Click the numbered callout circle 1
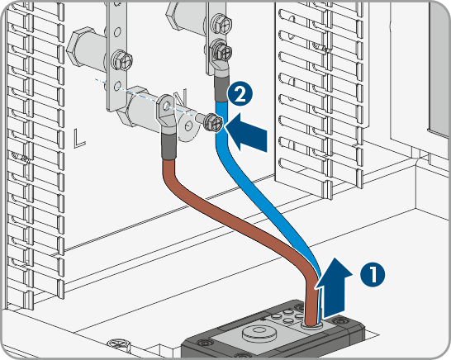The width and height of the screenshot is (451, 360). (373, 274)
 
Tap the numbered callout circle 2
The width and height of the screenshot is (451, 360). (240, 94)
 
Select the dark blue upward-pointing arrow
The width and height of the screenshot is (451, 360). (335, 287)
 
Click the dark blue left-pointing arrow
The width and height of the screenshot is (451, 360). (246, 132)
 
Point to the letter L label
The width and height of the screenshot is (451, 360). (79, 138)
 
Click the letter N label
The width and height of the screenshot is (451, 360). (181, 97)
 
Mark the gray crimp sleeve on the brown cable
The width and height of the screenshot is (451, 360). (169, 146)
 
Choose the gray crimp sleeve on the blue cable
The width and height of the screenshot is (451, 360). (221, 90)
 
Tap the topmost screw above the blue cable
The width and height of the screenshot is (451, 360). (221, 23)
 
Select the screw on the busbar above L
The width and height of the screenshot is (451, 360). (122, 60)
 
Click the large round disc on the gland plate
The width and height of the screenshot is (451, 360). (259, 333)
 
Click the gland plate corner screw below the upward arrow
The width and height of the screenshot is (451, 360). (339, 320)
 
